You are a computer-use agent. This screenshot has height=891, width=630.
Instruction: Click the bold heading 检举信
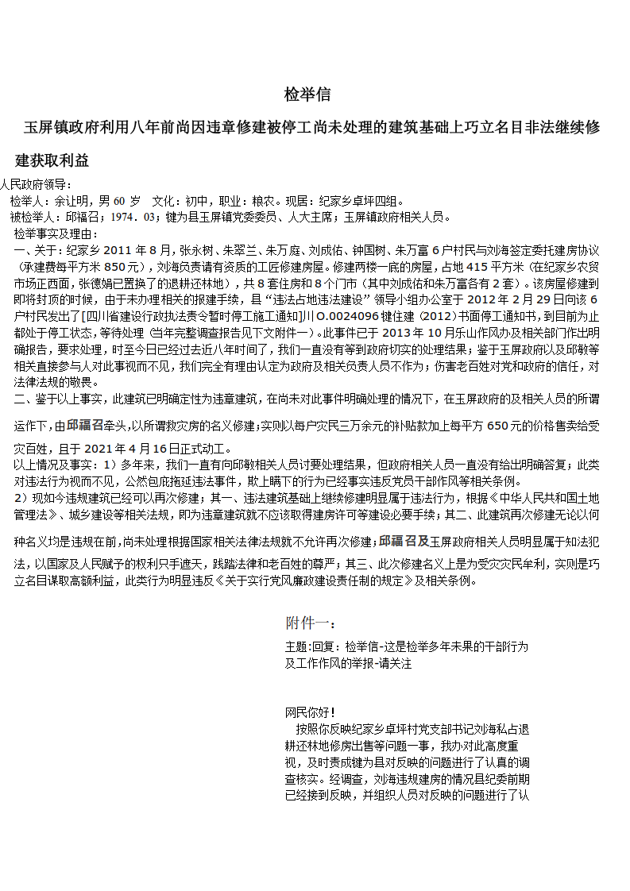[x=307, y=95]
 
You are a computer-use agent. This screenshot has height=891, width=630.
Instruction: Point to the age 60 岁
[x=127, y=200]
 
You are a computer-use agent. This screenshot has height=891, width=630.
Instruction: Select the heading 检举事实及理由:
[x=56, y=233]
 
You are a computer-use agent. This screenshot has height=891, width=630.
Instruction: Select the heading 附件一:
[x=311, y=623]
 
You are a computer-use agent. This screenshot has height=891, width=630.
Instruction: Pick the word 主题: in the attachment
[x=298, y=647]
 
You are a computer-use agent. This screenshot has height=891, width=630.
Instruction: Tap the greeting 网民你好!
[x=310, y=712]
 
